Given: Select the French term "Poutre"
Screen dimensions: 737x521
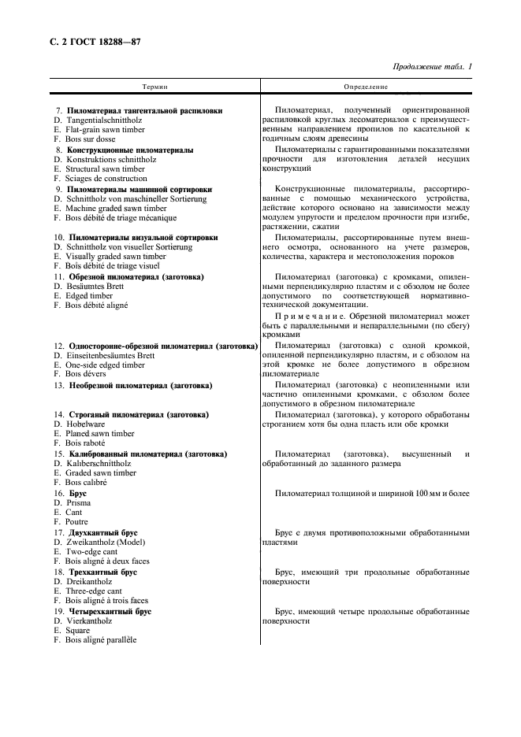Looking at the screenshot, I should (x=76, y=521).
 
